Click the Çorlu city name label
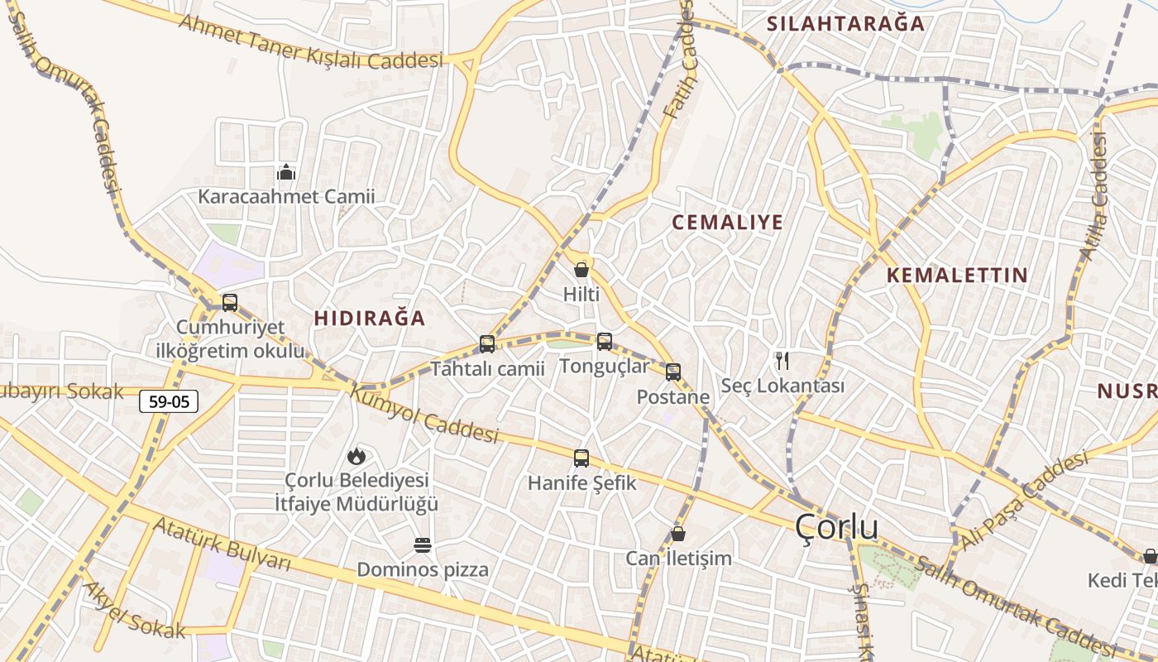tap(836, 527)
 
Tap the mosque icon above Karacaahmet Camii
tap(286, 172)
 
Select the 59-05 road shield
tap(169, 402)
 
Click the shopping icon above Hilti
tap(581, 270)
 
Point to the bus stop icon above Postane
tap(673, 372)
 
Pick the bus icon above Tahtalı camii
tap(487, 343)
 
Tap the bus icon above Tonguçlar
tap(605, 341)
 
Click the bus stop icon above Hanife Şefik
tap(581, 458)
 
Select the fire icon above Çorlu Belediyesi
tap(356, 455)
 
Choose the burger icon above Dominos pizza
tap(423, 545)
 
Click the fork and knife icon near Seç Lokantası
tap(782, 361)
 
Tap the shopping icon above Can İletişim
tap(678, 534)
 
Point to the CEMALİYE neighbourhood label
tap(727, 223)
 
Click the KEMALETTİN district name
tap(957, 276)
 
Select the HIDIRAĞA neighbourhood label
tap(370, 319)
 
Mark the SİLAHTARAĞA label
tap(845, 24)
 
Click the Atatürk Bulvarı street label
tap(223, 544)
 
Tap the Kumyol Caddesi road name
tap(425, 414)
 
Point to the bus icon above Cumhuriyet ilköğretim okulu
tap(230, 303)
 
